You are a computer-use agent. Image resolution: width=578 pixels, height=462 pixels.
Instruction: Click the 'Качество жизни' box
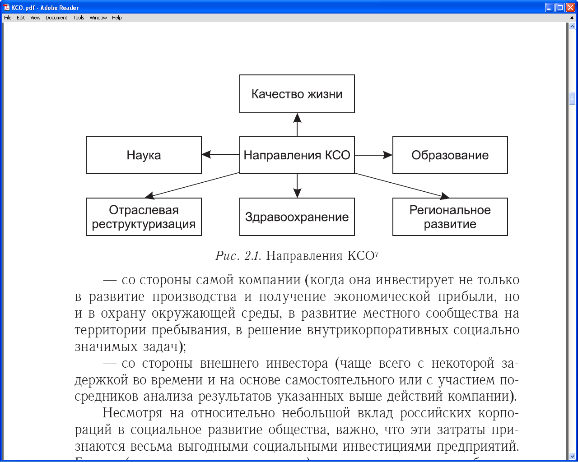pos(297,94)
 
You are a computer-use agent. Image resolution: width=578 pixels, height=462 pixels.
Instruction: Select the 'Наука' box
pos(144,155)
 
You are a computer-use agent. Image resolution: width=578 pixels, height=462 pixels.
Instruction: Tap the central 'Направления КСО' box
pos(297,155)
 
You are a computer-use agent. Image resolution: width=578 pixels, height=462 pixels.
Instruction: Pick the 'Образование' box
pos(450,155)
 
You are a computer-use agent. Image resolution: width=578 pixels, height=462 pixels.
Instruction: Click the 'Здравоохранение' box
pos(297,217)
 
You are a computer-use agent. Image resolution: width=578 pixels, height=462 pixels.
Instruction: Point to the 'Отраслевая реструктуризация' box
pos(144,217)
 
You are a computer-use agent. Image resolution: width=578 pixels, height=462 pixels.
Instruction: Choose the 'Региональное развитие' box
pos(450,217)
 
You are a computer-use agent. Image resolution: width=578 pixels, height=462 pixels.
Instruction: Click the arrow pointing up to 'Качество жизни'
pos(297,124)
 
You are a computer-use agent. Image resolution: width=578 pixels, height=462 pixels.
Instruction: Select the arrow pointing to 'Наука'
pos(220,154)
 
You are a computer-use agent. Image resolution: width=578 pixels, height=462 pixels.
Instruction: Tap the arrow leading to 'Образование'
pos(373,155)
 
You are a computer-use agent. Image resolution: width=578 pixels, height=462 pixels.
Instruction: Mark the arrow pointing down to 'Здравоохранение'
pos(297,186)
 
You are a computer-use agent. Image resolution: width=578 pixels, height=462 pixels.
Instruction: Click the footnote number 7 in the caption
pos(377,254)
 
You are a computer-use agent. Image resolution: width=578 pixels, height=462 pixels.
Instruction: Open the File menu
pos(8,18)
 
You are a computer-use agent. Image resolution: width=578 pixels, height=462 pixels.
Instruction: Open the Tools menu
pos(79,18)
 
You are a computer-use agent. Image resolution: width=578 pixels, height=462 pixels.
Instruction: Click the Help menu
pos(117,18)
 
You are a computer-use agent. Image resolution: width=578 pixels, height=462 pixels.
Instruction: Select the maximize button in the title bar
pos(560,7)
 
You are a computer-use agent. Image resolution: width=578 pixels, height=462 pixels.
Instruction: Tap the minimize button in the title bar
pos(549,7)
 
